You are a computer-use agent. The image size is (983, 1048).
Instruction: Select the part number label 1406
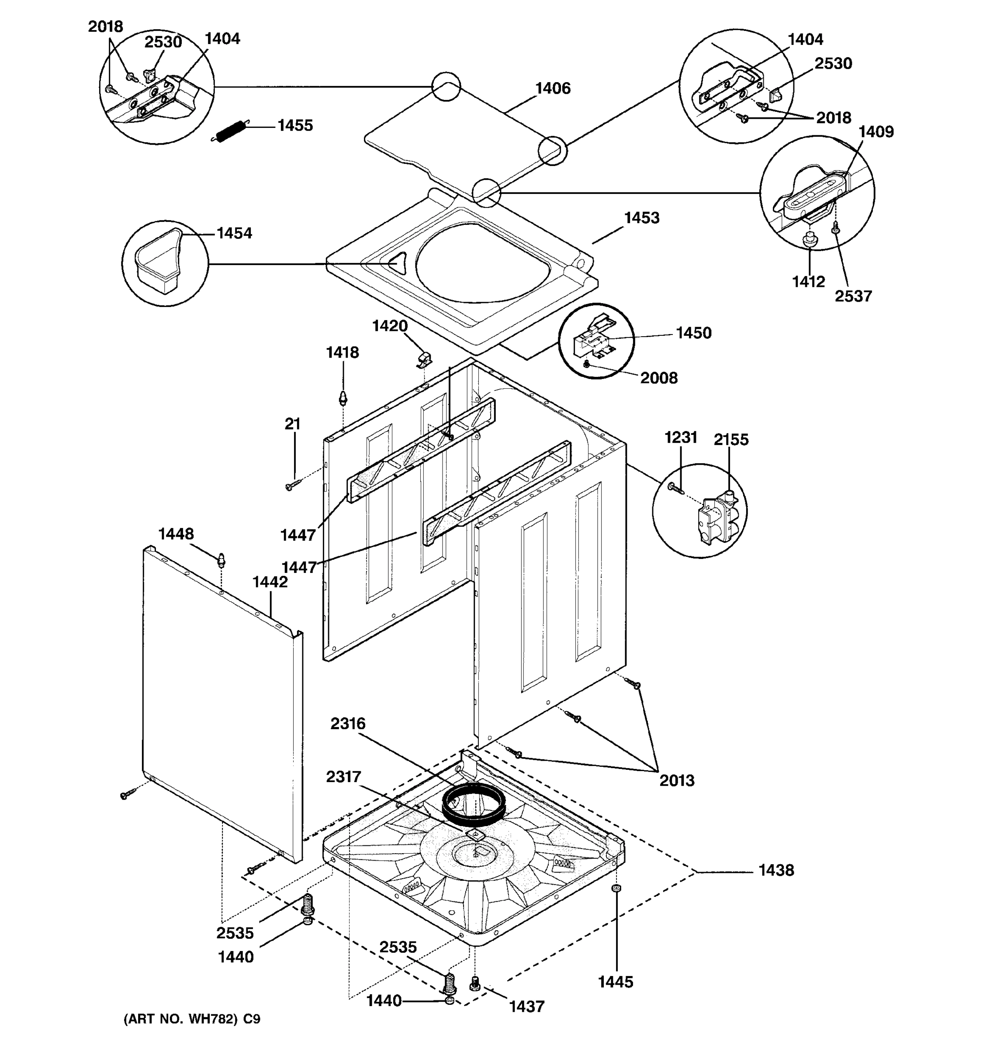click(553, 89)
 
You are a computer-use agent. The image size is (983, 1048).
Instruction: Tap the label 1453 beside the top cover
click(641, 218)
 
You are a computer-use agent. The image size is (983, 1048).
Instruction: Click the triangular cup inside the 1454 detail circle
click(159, 261)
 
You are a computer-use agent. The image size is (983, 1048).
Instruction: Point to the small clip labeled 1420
click(424, 360)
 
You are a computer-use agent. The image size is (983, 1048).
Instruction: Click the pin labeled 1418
click(343, 397)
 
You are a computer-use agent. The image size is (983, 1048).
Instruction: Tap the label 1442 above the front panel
click(270, 582)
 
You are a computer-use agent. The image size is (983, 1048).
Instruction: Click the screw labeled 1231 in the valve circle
click(675, 488)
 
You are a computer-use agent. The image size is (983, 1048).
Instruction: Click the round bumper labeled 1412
click(810, 241)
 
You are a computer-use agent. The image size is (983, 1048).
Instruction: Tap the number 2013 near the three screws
click(677, 780)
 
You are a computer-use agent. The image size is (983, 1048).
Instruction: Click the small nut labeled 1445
click(615, 889)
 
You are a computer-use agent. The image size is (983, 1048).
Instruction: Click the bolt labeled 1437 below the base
click(474, 982)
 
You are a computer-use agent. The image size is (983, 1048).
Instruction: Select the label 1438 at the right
click(776, 870)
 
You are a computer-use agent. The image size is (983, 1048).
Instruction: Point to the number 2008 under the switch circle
click(659, 378)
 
